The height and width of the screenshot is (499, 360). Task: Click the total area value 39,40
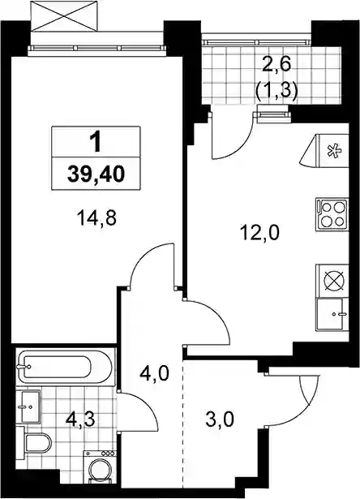point(96,174)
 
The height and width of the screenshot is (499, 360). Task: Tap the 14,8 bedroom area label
point(96,218)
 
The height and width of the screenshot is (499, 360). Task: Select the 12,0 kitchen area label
point(259,232)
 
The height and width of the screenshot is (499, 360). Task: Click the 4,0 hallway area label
point(155,372)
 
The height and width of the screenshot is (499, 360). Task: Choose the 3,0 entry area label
point(220,419)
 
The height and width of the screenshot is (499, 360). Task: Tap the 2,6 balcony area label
point(276,66)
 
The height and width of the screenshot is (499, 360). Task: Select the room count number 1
point(95,142)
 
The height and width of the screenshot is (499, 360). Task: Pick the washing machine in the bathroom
point(100,474)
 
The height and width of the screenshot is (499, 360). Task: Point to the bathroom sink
point(29,406)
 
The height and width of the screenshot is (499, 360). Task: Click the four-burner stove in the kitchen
point(332,214)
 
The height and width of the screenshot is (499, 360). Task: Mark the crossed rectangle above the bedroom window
point(63,16)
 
